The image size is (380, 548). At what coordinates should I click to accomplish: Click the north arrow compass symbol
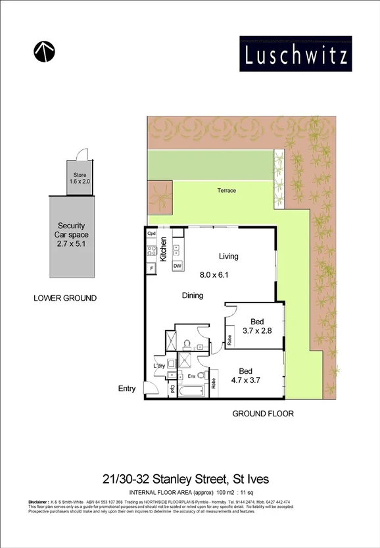pos(43,51)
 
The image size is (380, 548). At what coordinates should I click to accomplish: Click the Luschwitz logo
pos(295,54)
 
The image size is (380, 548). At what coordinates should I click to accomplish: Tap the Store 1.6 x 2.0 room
pos(80,178)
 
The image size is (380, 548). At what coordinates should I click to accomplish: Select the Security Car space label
pos(71,234)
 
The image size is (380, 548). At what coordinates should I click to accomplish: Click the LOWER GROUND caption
pos(64,298)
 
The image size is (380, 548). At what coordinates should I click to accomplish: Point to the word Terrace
pos(226,191)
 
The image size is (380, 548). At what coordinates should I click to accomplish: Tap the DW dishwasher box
pos(176,266)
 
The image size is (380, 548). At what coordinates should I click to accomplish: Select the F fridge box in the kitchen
pos(152,269)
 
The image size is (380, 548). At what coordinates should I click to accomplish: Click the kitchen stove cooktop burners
pos(176,250)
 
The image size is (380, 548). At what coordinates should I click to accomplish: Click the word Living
pos(229,257)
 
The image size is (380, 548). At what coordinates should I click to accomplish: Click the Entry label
pos(127,389)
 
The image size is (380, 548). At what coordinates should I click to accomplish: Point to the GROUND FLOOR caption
pos(263,414)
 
